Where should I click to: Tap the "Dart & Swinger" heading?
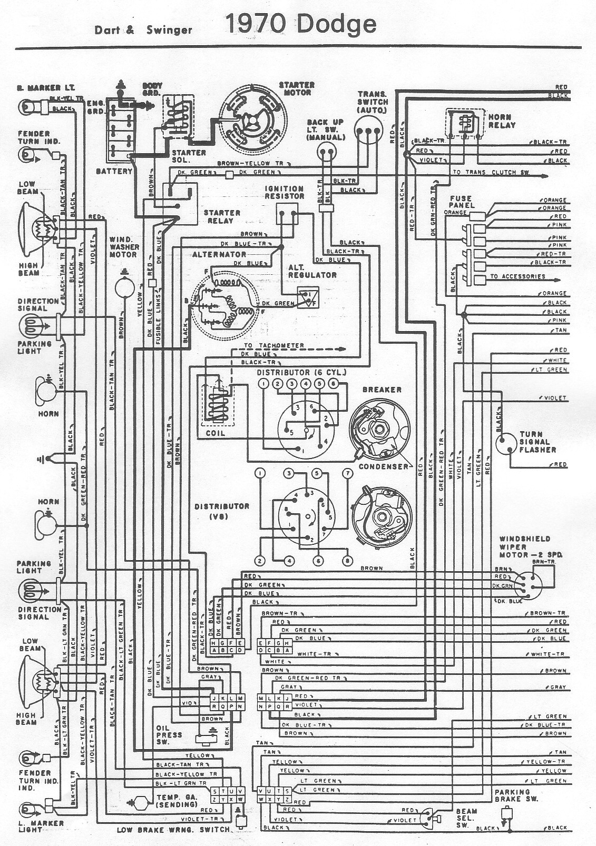coord(143,30)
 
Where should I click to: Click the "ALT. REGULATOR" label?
coord(312,271)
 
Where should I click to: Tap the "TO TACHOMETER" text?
coord(274,346)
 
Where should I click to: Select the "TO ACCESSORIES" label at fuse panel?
coord(517,276)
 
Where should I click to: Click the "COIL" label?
coord(215,433)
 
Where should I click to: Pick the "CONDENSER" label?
coord(383,466)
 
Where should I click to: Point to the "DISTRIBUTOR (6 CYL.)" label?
coord(301,373)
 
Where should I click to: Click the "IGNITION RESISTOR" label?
coord(285,192)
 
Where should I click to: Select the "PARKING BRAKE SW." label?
coord(516,795)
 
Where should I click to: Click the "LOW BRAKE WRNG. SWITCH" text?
coord(173,830)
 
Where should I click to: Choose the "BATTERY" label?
coord(114,172)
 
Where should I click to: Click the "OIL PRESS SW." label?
coord(169,735)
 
